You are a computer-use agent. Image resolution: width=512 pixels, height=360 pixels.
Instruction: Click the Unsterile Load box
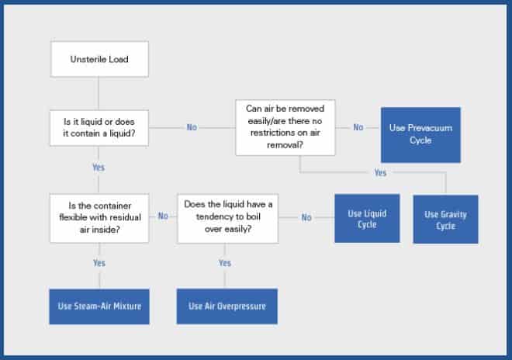point(99,60)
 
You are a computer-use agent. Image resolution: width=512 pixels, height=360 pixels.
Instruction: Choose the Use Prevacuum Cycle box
point(420,134)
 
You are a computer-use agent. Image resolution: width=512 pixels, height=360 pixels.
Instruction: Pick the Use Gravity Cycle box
point(445,220)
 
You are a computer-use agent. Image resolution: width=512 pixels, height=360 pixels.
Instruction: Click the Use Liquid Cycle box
point(368,218)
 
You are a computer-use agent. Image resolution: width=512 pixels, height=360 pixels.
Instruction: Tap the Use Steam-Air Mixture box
point(99,306)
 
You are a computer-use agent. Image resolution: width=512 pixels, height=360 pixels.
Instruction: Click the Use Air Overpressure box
point(227,306)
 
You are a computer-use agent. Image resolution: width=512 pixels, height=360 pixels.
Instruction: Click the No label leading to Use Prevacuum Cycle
point(358,126)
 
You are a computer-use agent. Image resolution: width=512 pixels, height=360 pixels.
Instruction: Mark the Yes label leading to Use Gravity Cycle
point(379,173)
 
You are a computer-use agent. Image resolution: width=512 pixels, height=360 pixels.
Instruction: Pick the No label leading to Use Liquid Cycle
point(306,217)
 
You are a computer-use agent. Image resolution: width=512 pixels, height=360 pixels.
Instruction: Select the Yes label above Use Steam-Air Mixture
point(99,264)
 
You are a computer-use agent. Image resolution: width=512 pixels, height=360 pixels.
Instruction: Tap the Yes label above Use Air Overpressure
point(225,264)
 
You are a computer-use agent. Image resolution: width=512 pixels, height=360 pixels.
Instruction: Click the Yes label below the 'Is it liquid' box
point(99,168)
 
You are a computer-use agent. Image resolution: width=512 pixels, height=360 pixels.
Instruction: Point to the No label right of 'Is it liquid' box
point(192,127)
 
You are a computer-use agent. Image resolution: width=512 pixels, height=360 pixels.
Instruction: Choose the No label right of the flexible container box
point(163,216)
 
